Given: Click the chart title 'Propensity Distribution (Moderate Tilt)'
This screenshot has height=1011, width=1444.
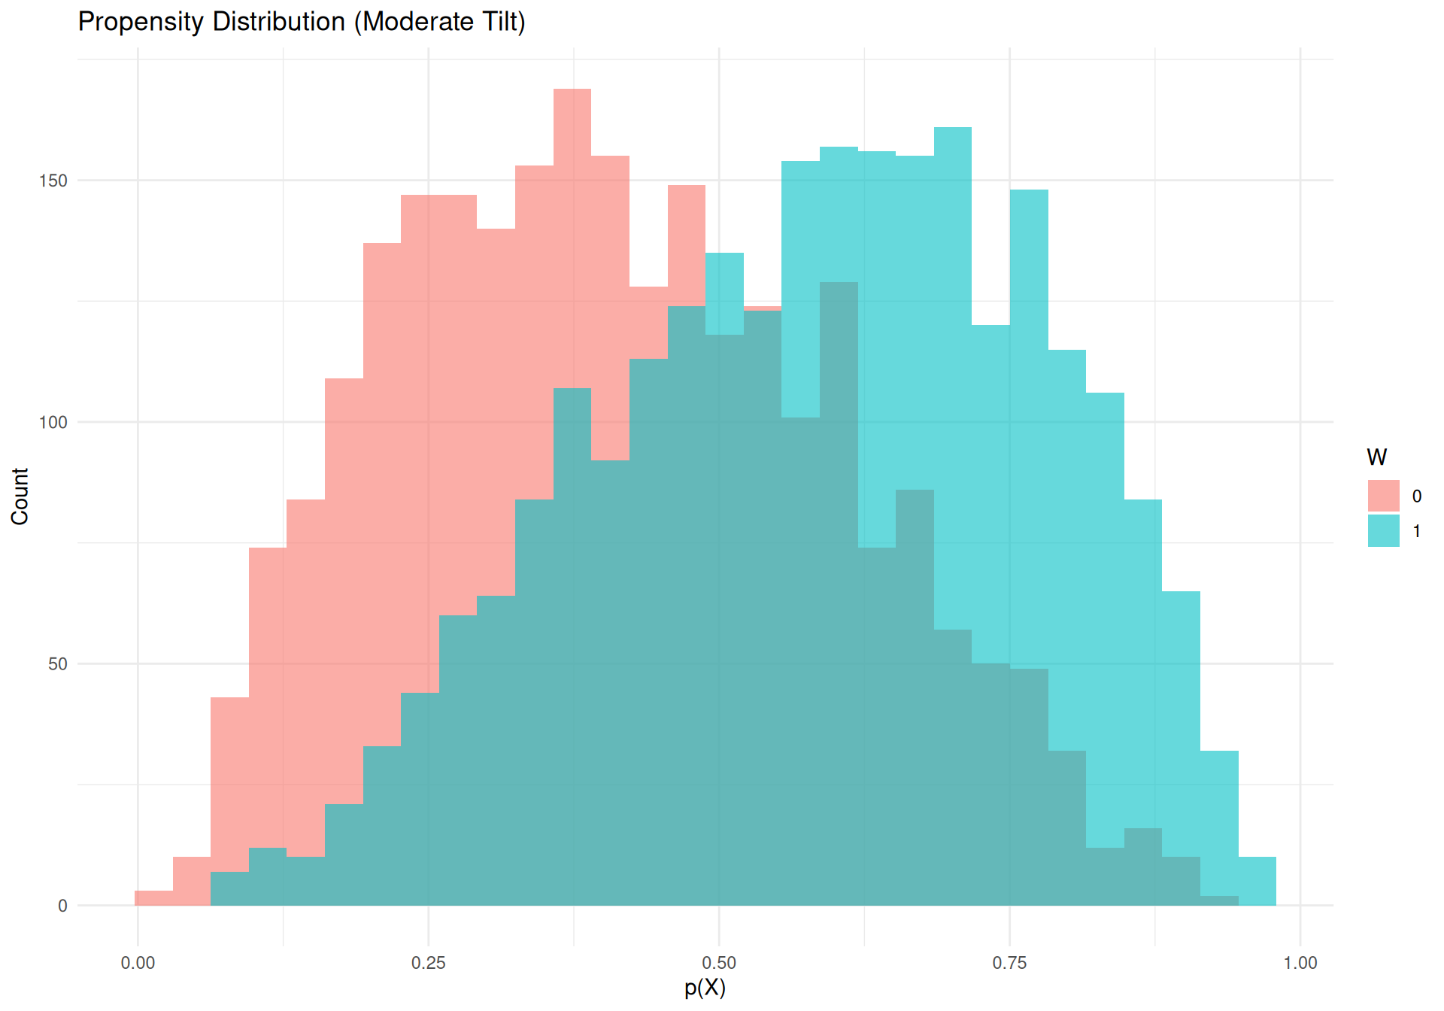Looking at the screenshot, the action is click(x=302, y=22).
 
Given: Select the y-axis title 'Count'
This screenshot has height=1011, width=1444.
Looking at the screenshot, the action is click(x=20, y=496).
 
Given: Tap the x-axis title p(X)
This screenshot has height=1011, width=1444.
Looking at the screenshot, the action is click(x=705, y=988).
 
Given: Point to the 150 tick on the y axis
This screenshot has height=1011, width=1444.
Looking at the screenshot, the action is click(x=53, y=181).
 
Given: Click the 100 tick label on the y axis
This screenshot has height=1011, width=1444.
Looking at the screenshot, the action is click(x=53, y=422).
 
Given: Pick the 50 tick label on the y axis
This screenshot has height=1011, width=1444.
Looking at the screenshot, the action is click(x=58, y=664).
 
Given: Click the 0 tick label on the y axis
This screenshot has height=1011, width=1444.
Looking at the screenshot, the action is click(x=62, y=906).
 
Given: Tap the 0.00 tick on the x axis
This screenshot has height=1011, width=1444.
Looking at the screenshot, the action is click(x=138, y=963).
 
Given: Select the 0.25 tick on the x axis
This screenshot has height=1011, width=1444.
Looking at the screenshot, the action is click(x=429, y=963).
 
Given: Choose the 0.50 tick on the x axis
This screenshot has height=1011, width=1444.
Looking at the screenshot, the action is click(x=719, y=963).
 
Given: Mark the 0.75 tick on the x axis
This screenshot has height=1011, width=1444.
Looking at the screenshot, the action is click(x=1009, y=963).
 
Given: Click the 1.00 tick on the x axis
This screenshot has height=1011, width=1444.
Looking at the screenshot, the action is click(x=1300, y=963).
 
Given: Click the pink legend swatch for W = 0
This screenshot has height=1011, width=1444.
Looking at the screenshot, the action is click(x=1384, y=496).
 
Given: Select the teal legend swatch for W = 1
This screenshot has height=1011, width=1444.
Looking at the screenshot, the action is click(x=1384, y=531).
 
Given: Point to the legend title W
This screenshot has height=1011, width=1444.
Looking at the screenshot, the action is click(x=1377, y=457).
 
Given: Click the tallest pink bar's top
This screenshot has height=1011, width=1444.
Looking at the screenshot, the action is click(x=572, y=90).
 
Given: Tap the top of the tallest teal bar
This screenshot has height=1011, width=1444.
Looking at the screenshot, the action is click(x=953, y=128).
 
